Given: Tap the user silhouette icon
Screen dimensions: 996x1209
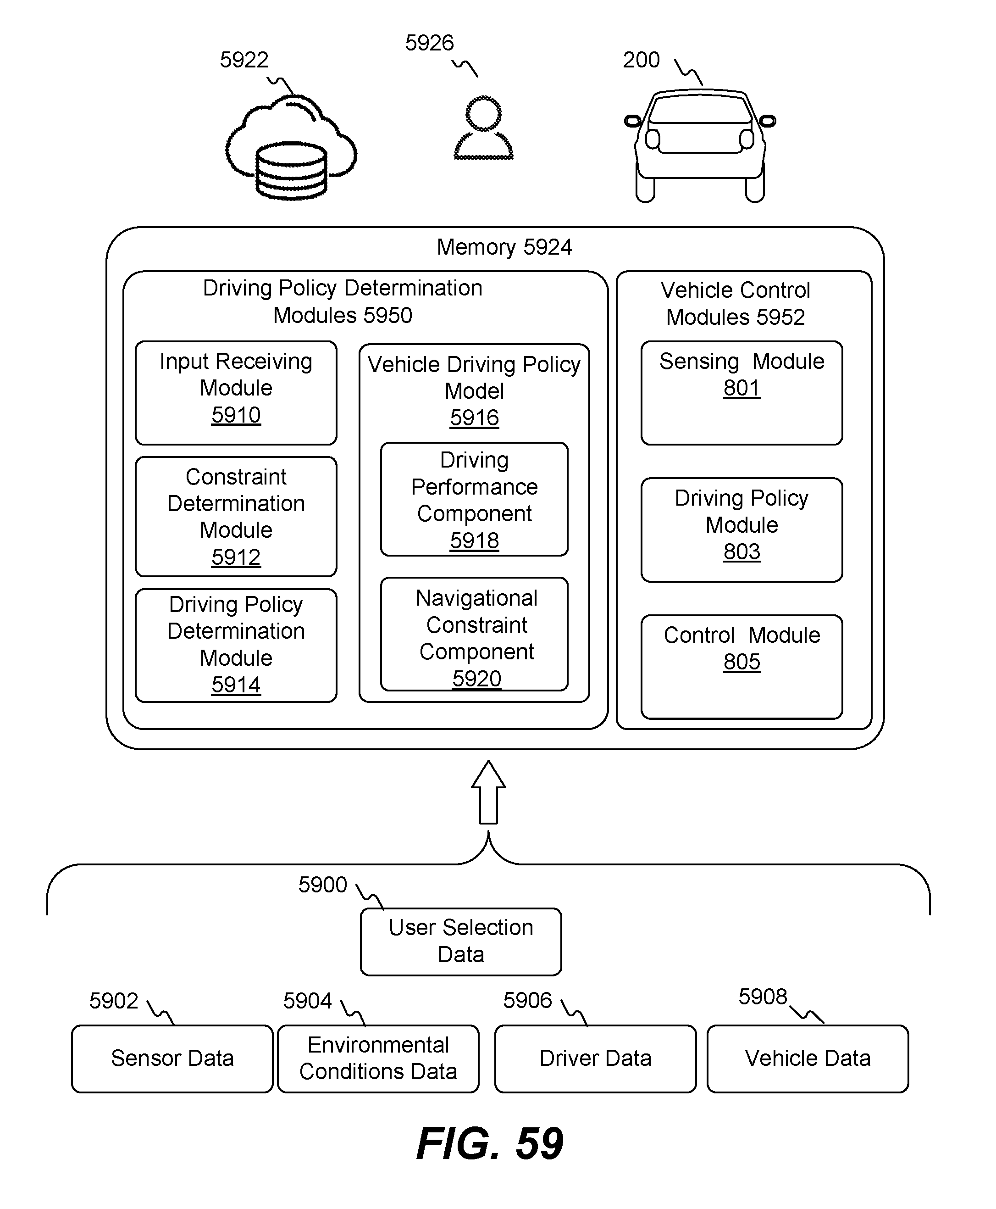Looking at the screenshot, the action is tap(484, 128).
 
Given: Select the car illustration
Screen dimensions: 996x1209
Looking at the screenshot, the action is tap(700, 146).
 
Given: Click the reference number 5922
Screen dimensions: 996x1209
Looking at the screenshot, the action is tap(244, 60).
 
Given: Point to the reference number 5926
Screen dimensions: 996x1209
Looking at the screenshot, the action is tap(429, 43).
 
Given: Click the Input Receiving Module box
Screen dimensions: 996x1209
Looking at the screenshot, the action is tap(236, 393).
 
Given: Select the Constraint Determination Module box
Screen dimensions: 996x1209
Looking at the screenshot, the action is tap(236, 517).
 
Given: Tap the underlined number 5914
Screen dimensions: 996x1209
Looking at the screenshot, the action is tap(236, 685).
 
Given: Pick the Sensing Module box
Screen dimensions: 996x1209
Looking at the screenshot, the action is tap(742, 393).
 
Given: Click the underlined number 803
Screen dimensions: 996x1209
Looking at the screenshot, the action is tap(742, 552).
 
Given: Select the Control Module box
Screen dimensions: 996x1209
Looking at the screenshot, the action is tap(742, 667).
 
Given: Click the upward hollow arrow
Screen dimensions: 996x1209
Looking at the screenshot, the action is tap(488, 792).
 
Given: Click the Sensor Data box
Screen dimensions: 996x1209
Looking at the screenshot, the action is tap(172, 1059).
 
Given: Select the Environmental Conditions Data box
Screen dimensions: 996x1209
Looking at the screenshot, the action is tap(378, 1059).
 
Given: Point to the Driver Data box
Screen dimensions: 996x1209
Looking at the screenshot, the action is tap(596, 1059).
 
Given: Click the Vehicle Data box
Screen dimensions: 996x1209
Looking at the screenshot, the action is tap(808, 1059).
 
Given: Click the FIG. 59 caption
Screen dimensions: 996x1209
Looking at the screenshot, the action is tap(490, 1143).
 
